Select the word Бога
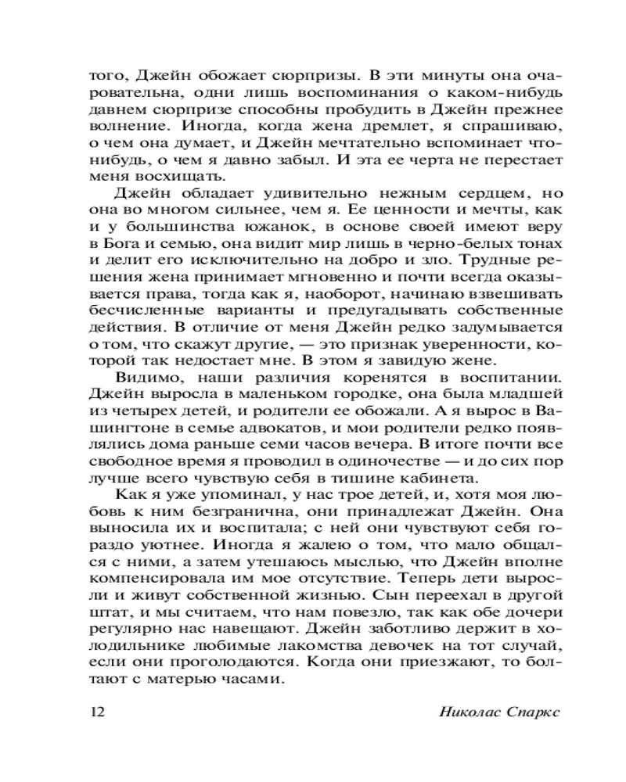(137, 245)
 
